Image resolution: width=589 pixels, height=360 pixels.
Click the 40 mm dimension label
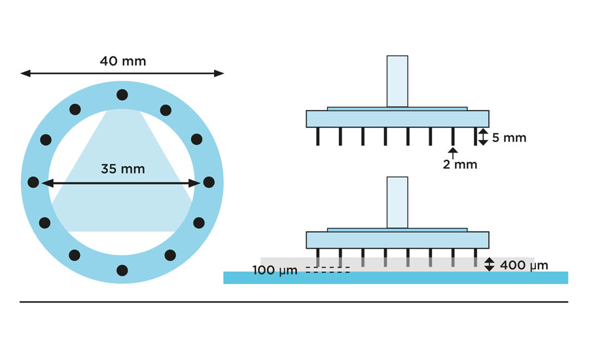tap(122, 62)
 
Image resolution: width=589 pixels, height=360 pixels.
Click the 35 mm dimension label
tap(122, 168)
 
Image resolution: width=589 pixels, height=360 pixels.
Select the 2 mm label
tap(460, 164)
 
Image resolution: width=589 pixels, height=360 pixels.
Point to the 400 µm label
tap(524, 265)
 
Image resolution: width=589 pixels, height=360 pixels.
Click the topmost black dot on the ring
tap(122, 95)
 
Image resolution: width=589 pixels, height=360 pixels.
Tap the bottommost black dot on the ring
tap(122, 268)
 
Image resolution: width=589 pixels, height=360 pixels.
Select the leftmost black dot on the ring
tap(35, 182)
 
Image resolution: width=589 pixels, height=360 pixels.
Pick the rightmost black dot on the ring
tap(209, 182)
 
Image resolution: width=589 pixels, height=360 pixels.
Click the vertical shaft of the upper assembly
tap(397, 81)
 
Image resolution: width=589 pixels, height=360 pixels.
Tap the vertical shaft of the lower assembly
tap(397, 202)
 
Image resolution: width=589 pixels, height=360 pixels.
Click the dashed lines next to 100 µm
tap(327, 270)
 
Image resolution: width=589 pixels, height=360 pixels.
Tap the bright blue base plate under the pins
tap(395, 278)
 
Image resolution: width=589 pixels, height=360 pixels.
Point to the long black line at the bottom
tap(294, 302)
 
